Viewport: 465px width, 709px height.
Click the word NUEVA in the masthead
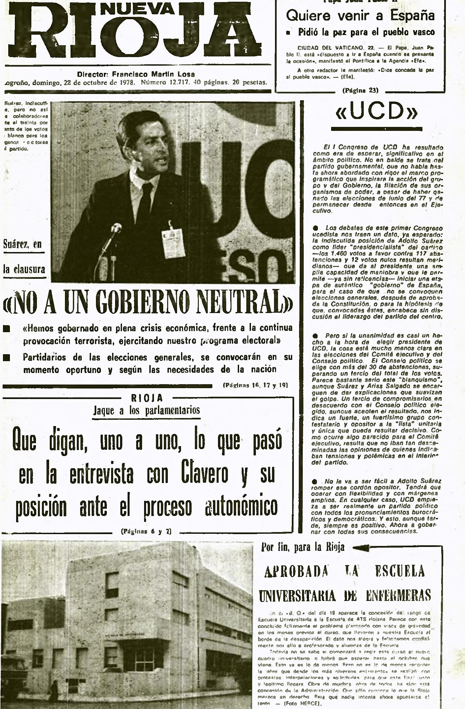pyautogui.click(x=137, y=9)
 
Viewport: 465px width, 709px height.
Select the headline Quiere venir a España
pyautogui.click(x=360, y=16)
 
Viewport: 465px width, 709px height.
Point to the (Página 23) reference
pyautogui.click(x=360, y=90)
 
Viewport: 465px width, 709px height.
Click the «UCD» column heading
pyautogui.click(x=377, y=111)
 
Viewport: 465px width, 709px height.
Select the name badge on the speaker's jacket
pyautogui.click(x=173, y=243)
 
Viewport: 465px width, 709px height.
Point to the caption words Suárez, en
pyautogui.click(x=23, y=244)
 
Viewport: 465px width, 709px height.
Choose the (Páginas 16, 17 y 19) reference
pyautogui.click(x=255, y=385)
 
